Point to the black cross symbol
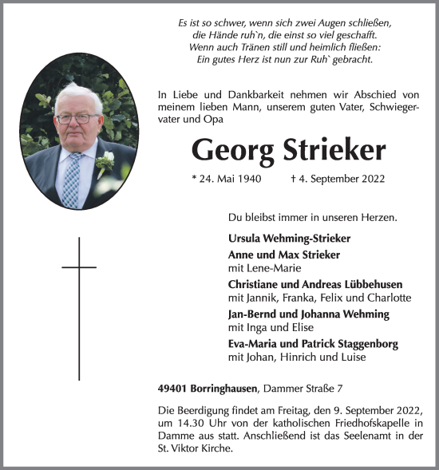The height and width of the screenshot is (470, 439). click(79, 307)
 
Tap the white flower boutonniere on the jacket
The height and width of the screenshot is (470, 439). click(105, 165)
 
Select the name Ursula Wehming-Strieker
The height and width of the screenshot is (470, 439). click(289, 239)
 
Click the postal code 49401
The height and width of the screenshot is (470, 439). click(173, 388)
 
